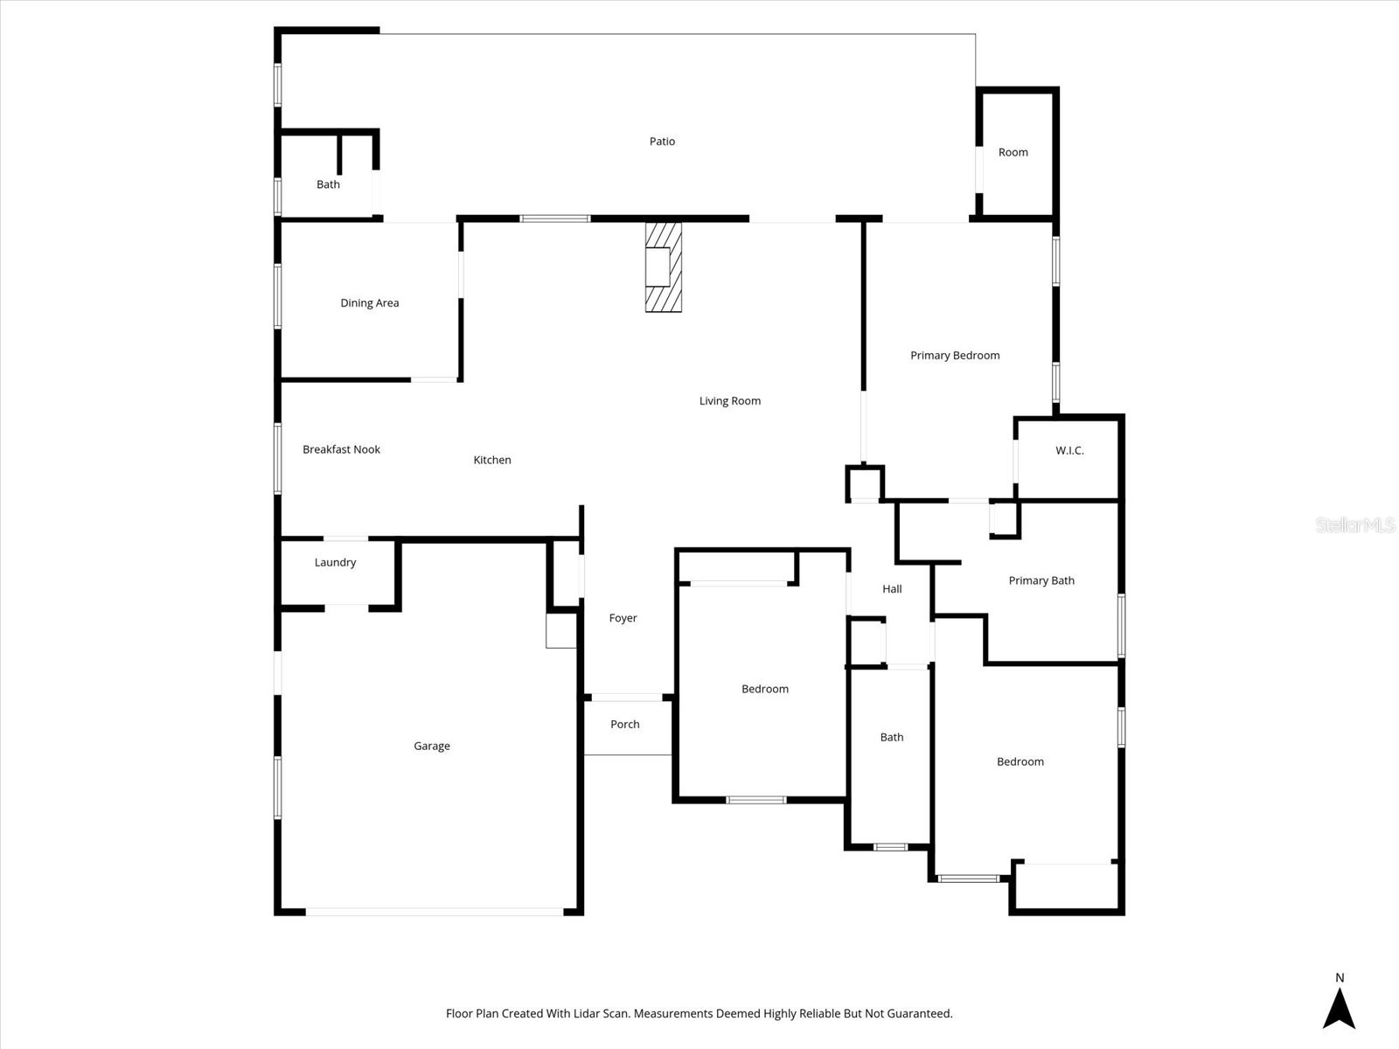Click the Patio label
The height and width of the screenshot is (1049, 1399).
(662, 141)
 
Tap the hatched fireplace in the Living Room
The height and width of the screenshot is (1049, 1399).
(663, 267)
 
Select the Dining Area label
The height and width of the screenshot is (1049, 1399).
(369, 303)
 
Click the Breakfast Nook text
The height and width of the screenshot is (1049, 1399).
(341, 449)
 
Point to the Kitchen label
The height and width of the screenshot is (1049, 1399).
(492, 460)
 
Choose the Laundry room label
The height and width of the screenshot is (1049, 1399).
(335, 562)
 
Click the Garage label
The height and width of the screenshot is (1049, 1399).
(432, 746)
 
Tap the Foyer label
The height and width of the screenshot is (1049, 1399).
(623, 618)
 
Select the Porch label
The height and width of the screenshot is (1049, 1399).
(624, 724)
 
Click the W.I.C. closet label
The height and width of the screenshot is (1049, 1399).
(1068, 450)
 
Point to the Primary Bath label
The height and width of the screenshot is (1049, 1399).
(1041, 580)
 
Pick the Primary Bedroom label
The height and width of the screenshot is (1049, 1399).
(954, 355)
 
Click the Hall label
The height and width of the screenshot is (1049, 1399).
(892, 588)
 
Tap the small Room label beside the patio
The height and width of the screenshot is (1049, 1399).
(1013, 152)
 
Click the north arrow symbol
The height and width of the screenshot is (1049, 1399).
(1339, 1010)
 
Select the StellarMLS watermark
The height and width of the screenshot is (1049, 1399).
(1354, 524)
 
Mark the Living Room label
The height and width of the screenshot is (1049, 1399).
(729, 400)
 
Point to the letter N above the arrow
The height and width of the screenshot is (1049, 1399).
(1340, 977)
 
